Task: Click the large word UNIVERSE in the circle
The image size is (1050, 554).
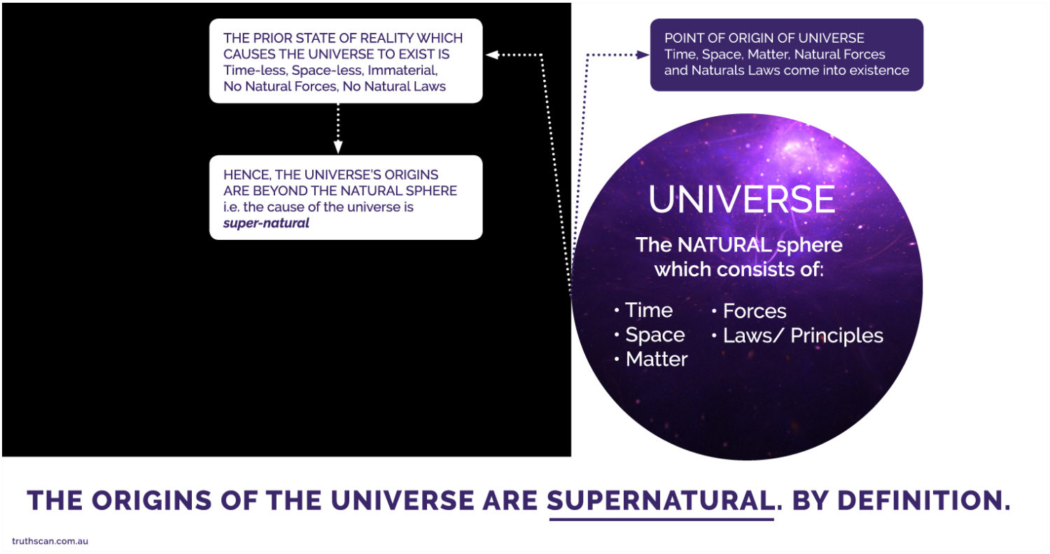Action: pyautogui.click(x=742, y=199)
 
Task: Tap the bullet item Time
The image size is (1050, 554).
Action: pyautogui.click(x=648, y=310)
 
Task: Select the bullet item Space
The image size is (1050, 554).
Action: pyautogui.click(x=654, y=335)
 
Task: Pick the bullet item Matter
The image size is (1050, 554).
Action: pyautogui.click(x=657, y=360)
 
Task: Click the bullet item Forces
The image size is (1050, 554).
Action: pyautogui.click(x=755, y=311)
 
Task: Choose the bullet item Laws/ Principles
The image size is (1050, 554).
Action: pyautogui.click(x=803, y=336)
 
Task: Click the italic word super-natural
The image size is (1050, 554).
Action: pyautogui.click(x=266, y=224)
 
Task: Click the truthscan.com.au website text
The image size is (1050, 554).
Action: pyautogui.click(x=50, y=541)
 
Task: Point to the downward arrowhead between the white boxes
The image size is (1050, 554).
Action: pyautogui.click(x=338, y=148)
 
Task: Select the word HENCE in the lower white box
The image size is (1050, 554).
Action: pyautogui.click(x=242, y=173)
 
